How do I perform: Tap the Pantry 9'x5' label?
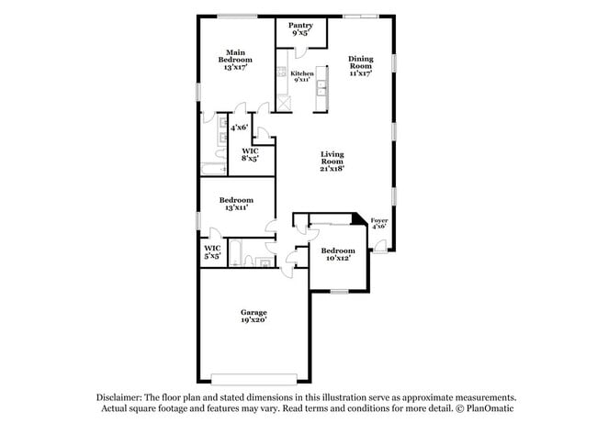point(300,30)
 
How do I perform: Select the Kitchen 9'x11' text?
point(302,76)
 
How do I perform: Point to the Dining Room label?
point(360,66)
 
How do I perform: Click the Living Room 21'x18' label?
point(332,161)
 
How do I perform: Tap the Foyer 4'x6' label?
point(378,224)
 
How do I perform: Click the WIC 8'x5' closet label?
point(249,154)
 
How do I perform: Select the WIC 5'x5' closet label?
point(211,251)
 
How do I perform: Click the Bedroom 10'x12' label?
point(338,254)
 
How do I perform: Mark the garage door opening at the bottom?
point(253,376)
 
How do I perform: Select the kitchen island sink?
point(321,90)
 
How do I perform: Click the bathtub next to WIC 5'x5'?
point(238,252)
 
